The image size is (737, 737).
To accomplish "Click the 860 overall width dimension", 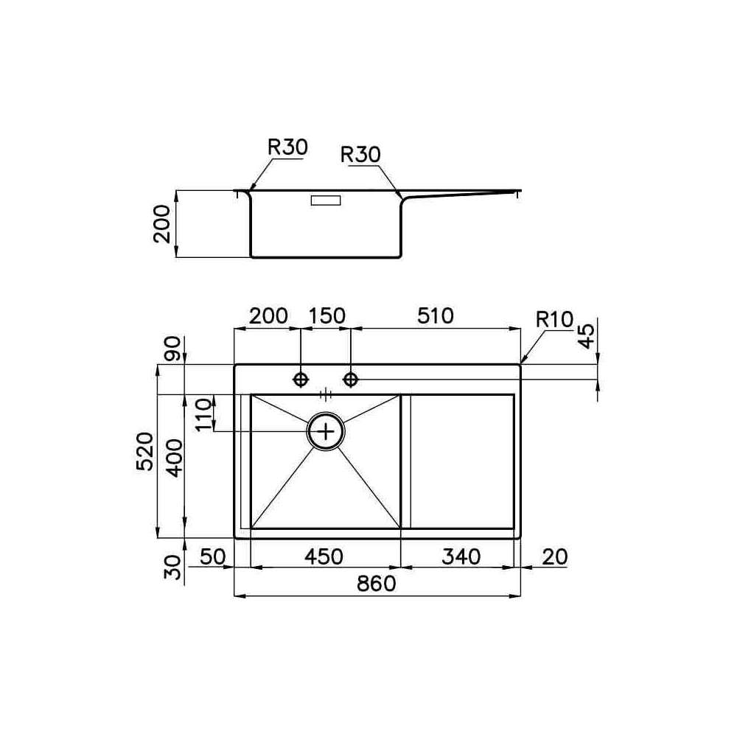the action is (377, 584).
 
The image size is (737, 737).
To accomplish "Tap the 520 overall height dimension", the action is (144, 451).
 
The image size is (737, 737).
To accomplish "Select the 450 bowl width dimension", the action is (324, 556).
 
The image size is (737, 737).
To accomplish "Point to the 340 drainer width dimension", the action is (461, 556).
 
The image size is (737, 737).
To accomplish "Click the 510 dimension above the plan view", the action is (436, 316).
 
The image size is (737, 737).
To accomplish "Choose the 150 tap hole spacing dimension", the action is (327, 316).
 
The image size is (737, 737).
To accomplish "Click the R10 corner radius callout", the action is (555, 320).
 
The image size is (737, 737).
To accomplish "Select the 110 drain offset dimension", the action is (204, 414).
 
